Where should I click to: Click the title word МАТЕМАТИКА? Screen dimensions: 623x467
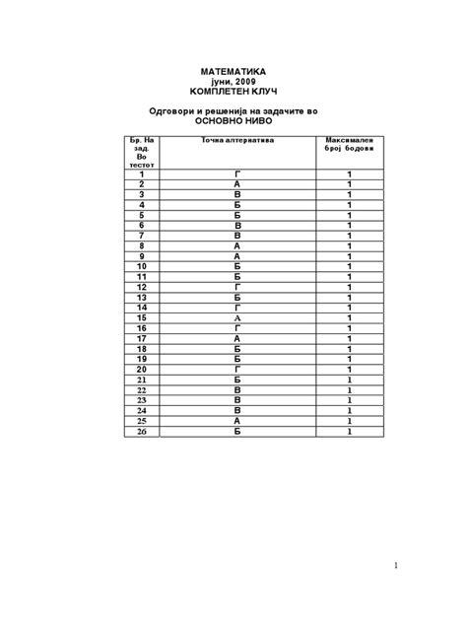233,72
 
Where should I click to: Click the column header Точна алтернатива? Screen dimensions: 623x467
237,141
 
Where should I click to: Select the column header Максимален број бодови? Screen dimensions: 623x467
349,146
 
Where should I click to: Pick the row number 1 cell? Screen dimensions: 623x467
142,173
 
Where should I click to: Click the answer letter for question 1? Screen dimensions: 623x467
237,173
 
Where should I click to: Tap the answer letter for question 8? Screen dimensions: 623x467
237,245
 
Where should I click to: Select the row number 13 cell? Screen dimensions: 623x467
142,297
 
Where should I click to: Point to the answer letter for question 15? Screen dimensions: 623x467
237,317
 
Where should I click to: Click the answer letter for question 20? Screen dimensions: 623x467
237,369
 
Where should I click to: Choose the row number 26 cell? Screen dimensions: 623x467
142,431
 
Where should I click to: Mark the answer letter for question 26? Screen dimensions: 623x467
237,431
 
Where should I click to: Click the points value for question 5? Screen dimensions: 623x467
349,215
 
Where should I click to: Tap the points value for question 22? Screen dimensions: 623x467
349,389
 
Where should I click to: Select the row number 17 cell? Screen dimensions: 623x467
142,338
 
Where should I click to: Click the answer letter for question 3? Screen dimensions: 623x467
237,194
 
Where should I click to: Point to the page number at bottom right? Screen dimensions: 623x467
394,565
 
